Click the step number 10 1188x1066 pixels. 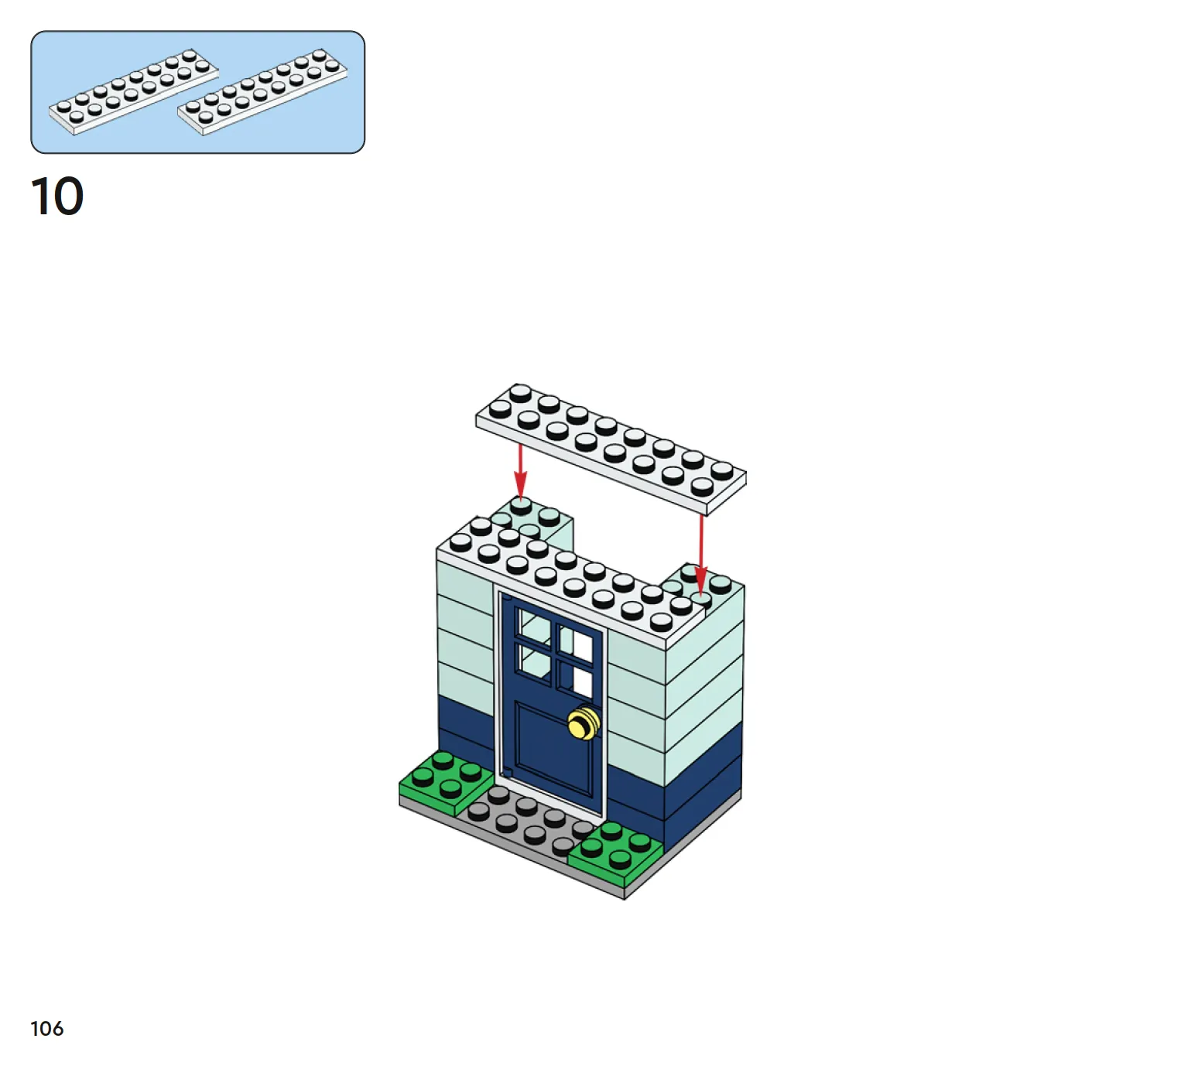[56, 196]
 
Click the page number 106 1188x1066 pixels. [47, 1028]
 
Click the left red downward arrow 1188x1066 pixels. [520, 471]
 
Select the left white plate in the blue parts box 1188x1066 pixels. [134, 92]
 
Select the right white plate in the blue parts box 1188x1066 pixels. [262, 92]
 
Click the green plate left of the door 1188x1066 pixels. [446, 783]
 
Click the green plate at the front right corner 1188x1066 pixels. [616, 852]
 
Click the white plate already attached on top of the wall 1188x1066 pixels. [569, 580]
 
